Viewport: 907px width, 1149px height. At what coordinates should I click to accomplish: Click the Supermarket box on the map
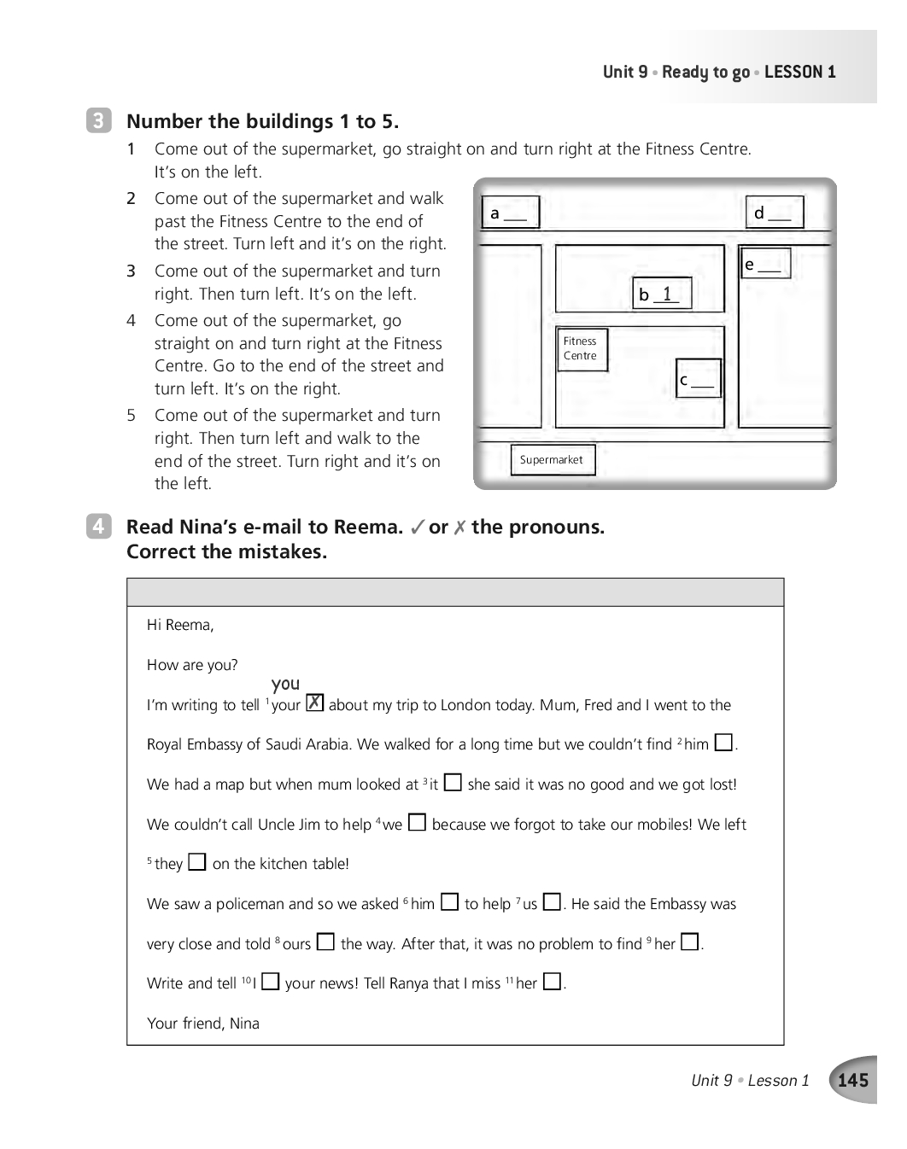553,460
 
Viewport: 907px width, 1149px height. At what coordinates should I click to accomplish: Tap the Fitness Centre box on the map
582,349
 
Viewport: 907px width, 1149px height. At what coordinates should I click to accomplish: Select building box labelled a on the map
511,213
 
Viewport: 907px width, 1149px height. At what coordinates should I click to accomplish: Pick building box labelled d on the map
775,213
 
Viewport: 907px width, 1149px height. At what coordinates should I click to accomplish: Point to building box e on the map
765,264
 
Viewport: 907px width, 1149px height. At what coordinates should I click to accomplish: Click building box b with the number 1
662,294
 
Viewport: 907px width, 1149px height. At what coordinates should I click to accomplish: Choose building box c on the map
699,378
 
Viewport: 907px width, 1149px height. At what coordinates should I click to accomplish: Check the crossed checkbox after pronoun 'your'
315,703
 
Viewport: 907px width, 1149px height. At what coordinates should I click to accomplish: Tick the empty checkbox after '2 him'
723,743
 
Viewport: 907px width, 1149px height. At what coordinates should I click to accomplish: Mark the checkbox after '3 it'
453,782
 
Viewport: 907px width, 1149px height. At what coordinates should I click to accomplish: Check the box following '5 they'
197,861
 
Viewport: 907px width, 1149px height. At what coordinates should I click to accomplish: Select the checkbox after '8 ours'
325,942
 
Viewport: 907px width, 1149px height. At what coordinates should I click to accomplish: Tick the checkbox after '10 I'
271,981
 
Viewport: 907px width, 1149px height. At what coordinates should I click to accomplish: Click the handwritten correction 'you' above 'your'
285,684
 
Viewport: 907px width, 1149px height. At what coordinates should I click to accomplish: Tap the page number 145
853,1080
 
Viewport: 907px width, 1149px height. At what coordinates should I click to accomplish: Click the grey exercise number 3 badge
99,120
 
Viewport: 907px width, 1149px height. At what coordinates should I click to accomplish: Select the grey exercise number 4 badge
99,526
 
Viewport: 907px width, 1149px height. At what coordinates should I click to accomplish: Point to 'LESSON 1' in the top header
800,72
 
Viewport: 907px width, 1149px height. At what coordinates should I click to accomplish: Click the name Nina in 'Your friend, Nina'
244,1024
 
